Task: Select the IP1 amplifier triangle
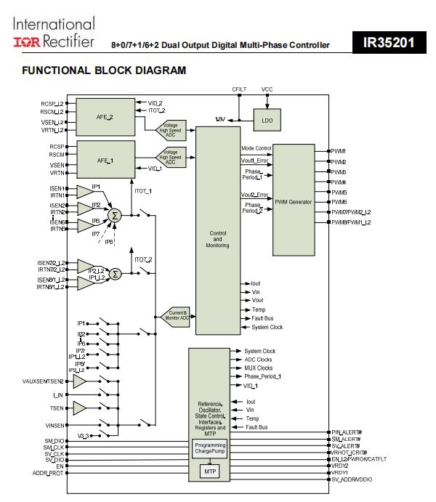pos(89,192)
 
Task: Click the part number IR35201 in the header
pos(389,43)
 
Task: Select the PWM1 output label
pos(340,151)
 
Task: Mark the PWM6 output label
pos(340,202)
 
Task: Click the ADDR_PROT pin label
pos(47,473)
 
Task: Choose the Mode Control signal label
pos(257,148)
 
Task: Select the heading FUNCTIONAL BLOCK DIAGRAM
pos(104,70)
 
